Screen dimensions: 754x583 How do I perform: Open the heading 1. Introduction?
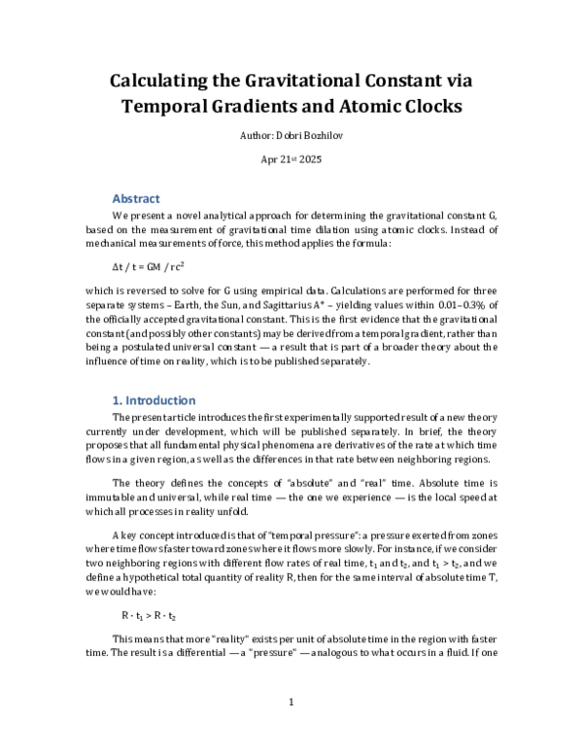(154, 400)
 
